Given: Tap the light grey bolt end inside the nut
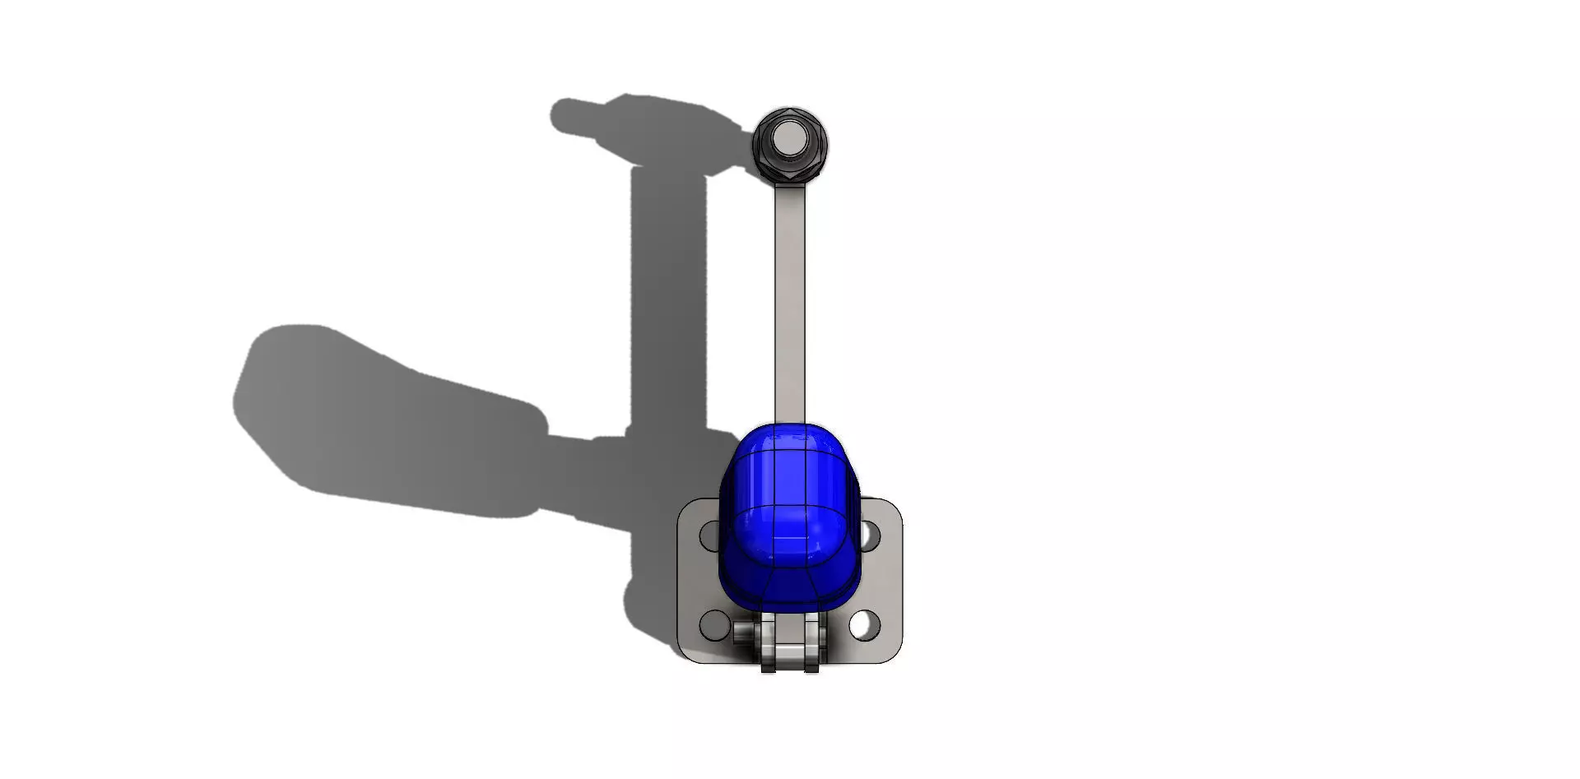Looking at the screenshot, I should tap(790, 138).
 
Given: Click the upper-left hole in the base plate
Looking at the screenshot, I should tap(710, 536).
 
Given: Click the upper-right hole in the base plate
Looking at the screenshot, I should tap(869, 536).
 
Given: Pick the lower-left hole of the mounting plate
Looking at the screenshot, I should tap(713, 625).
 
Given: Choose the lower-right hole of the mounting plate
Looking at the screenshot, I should tap(863, 625).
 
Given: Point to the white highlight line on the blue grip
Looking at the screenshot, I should tap(789, 538).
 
